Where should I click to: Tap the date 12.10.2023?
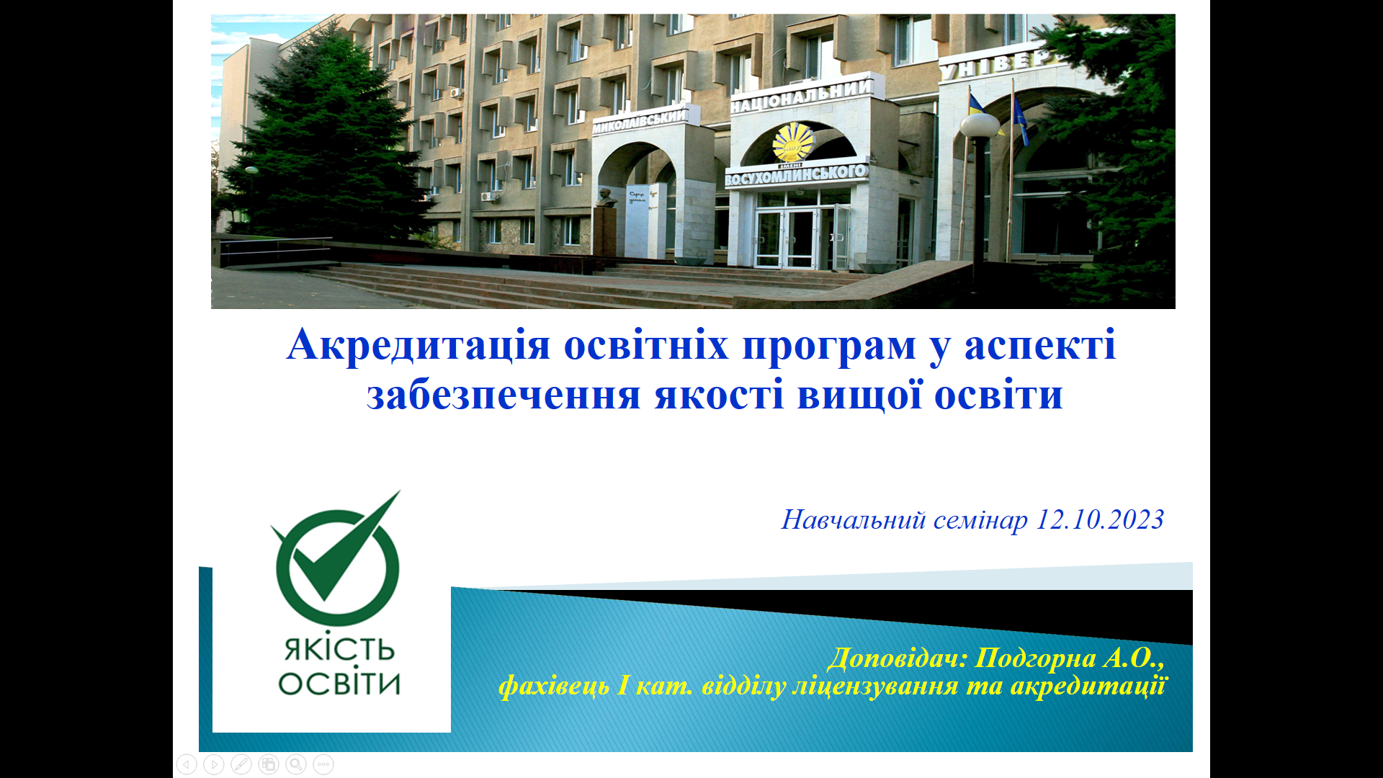1099,519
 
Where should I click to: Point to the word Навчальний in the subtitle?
854,519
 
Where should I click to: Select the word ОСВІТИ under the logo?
339,682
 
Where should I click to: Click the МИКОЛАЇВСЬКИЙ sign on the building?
640,121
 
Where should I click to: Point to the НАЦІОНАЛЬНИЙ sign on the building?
802,97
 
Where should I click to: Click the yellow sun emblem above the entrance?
793,142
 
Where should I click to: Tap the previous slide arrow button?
187,764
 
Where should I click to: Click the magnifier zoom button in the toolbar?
296,764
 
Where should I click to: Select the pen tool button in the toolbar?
241,764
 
